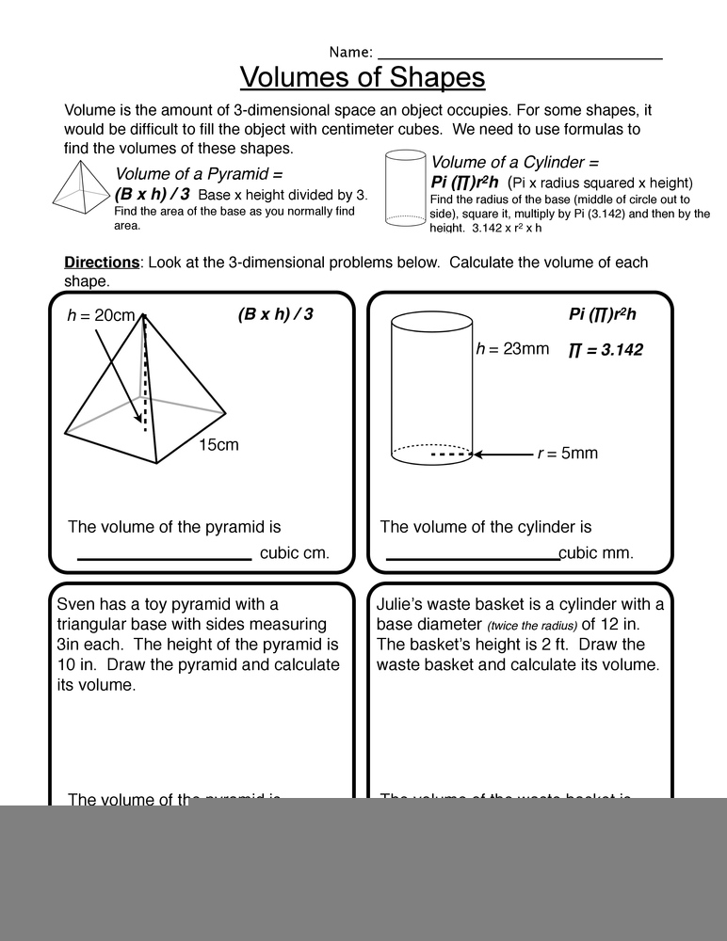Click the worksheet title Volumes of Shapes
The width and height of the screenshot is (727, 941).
363,76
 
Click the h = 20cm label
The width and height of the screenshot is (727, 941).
101,315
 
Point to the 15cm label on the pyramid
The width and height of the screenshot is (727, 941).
218,444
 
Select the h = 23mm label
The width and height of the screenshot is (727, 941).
512,349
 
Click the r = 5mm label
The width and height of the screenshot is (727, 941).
567,454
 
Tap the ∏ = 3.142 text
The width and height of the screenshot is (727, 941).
606,350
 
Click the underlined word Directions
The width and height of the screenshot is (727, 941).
102,263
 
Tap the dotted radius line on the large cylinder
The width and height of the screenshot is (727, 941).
450,455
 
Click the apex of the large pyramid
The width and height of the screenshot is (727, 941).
144,315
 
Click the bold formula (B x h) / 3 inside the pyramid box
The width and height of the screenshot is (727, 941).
275,314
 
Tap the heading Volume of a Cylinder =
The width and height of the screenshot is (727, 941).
514,162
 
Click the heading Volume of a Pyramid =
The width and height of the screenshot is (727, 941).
198,174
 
